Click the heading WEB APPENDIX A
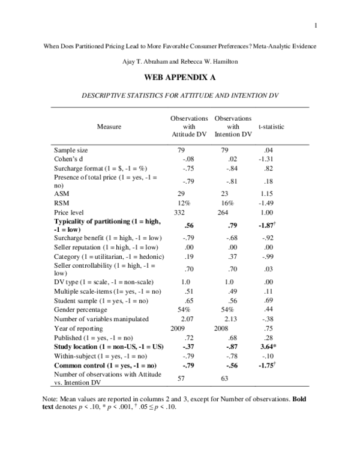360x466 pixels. coord(180,78)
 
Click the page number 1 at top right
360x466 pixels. coord(314,24)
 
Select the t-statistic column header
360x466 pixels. coord(271,127)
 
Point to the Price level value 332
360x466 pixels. coord(181,213)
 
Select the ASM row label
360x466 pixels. coord(61,194)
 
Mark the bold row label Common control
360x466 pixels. coord(105,365)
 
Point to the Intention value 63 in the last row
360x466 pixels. coord(225,379)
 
